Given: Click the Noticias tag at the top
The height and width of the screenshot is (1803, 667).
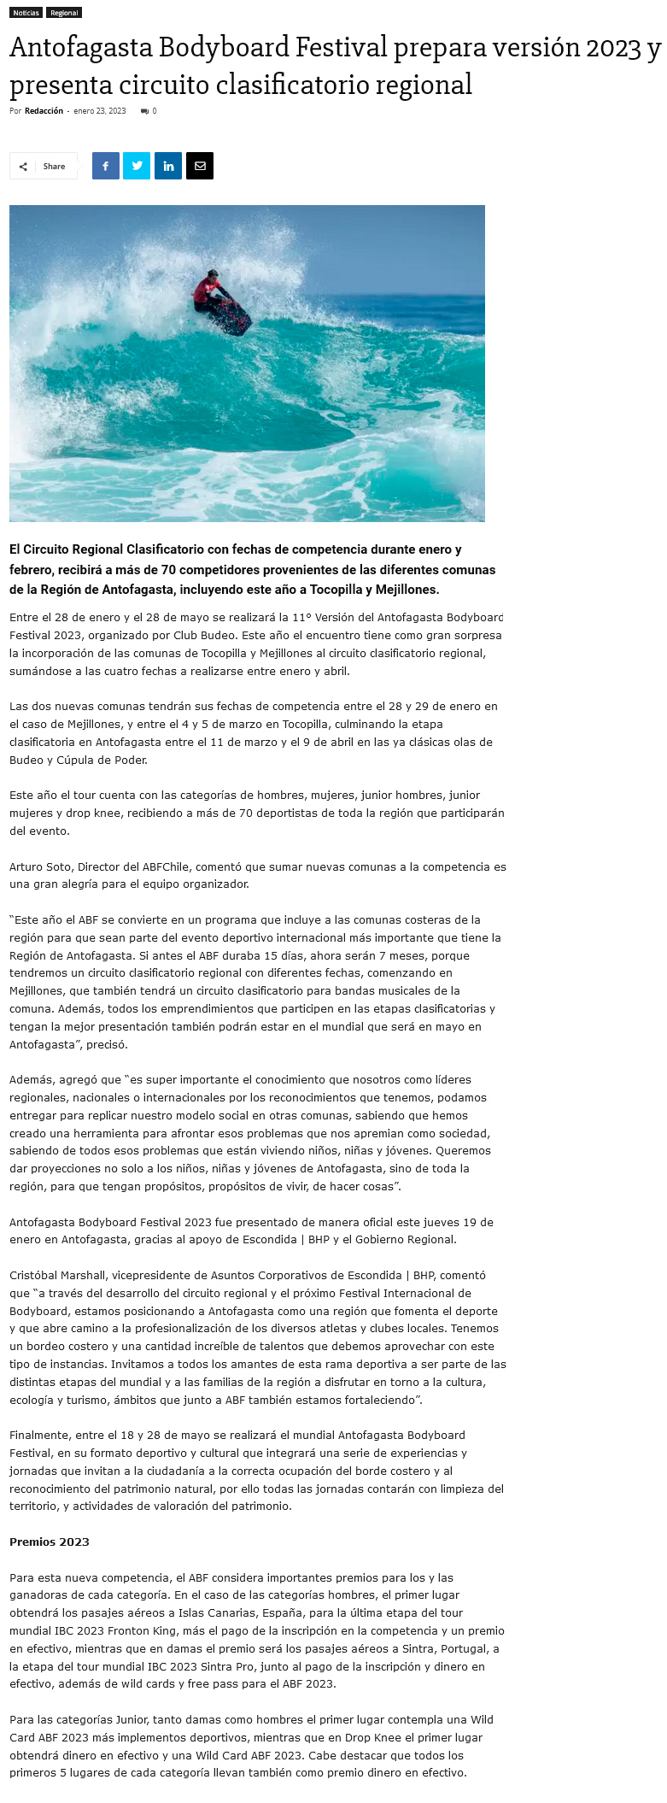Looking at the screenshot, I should pyautogui.click(x=26, y=13).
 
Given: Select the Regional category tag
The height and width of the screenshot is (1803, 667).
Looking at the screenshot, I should pyautogui.click(x=64, y=13).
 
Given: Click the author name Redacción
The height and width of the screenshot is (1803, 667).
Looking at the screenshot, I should pyautogui.click(x=44, y=111).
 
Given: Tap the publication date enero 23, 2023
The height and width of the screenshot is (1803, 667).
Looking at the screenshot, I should pyautogui.click(x=100, y=111).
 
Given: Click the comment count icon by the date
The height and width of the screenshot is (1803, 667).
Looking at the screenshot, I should pyautogui.click(x=144, y=111).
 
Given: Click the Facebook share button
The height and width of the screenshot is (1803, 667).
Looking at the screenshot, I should pyautogui.click(x=106, y=166).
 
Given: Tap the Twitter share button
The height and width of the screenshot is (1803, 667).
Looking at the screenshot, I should pyautogui.click(x=137, y=166).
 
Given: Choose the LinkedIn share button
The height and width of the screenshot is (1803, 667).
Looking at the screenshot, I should pyautogui.click(x=168, y=166).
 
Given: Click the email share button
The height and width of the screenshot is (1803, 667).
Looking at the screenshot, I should pyautogui.click(x=200, y=166).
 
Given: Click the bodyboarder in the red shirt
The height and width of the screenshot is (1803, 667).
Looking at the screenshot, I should pyautogui.click(x=208, y=291).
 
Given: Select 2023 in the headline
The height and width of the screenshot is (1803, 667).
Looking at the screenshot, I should pyautogui.click(x=614, y=47).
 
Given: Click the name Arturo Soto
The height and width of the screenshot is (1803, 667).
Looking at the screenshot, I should pyautogui.click(x=40, y=866).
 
